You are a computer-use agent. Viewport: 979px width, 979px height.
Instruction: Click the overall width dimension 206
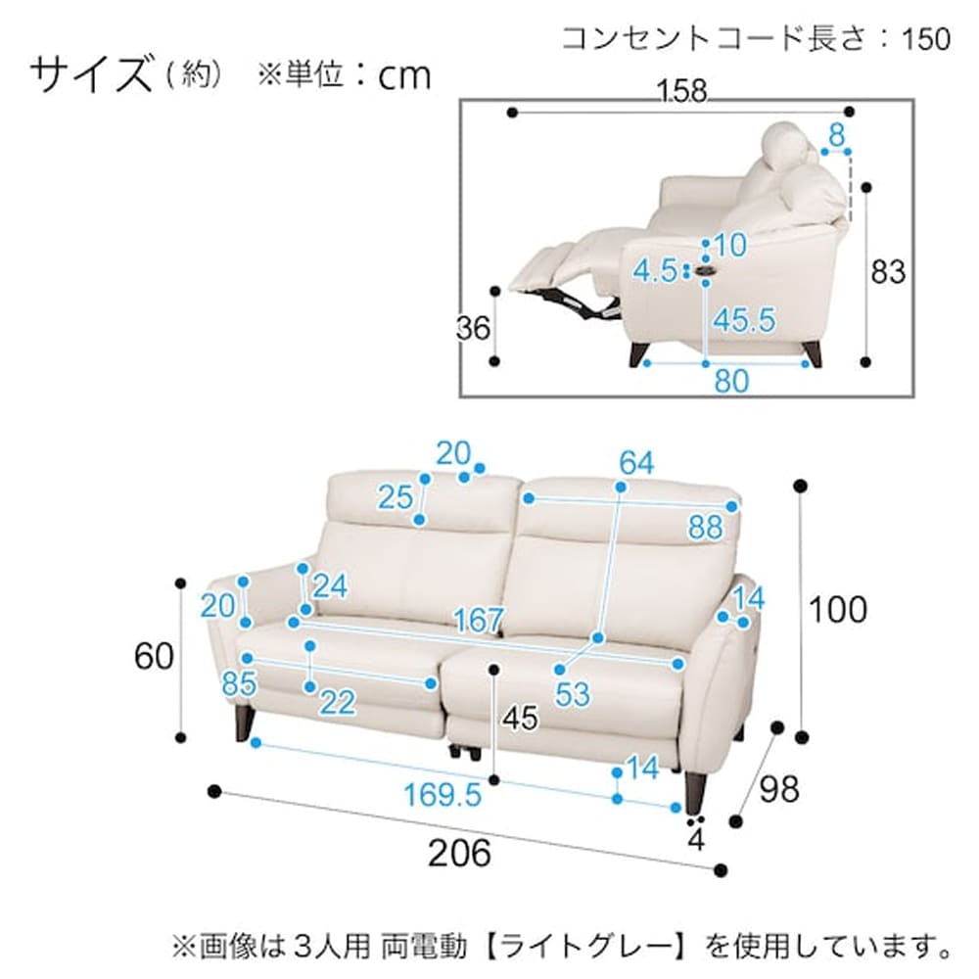(x=459, y=853)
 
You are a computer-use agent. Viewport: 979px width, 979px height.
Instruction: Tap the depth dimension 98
(x=778, y=788)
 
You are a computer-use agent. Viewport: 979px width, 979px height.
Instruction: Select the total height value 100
(x=837, y=609)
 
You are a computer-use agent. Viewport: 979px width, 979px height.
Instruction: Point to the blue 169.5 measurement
(x=443, y=795)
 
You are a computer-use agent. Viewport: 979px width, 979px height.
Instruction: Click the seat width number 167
(x=479, y=620)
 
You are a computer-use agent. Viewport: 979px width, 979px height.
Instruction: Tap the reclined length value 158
(x=682, y=91)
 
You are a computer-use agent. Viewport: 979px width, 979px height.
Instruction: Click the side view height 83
(x=888, y=271)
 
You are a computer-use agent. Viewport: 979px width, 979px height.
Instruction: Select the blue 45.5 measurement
(x=744, y=319)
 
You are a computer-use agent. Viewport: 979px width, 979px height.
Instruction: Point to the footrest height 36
(x=474, y=329)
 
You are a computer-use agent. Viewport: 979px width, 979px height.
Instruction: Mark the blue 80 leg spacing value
(x=731, y=380)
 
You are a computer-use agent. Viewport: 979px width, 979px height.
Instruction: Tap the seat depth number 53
(x=573, y=694)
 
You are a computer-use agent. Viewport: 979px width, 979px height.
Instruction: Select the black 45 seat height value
(x=519, y=719)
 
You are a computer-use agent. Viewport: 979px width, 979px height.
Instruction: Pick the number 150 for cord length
(x=926, y=38)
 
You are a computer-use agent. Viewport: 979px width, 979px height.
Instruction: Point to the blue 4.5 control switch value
(x=655, y=269)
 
